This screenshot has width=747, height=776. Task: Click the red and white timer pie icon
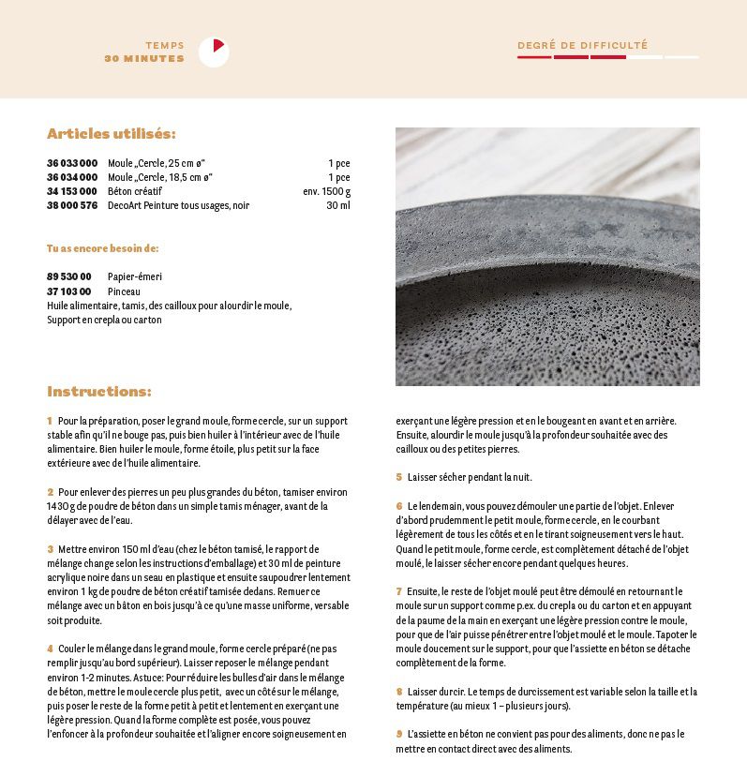pyautogui.click(x=214, y=52)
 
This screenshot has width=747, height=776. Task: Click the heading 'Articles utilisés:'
pyautogui.click(x=112, y=134)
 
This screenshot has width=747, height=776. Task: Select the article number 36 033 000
pyautogui.click(x=72, y=163)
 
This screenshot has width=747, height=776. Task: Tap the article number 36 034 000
pyautogui.click(x=72, y=177)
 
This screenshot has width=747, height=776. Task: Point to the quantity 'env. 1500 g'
pyautogui.click(x=326, y=191)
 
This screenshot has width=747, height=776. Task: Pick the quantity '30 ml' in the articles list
pyautogui.click(x=337, y=205)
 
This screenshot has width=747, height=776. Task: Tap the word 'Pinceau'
pyautogui.click(x=124, y=291)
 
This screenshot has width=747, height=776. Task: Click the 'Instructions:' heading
pyautogui.click(x=99, y=391)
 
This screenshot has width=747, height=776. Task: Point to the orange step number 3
pyautogui.click(x=50, y=549)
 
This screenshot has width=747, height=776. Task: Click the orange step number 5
pyautogui.click(x=398, y=477)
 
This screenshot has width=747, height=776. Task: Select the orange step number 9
pyautogui.click(x=398, y=734)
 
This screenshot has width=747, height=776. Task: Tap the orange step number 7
pyautogui.click(x=398, y=591)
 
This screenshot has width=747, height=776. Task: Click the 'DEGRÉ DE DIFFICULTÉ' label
pyautogui.click(x=582, y=45)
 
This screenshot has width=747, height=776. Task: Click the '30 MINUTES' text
pyautogui.click(x=144, y=59)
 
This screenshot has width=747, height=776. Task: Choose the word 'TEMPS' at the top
pyautogui.click(x=165, y=45)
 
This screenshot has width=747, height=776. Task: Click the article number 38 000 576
pyautogui.click(x=72, y=205)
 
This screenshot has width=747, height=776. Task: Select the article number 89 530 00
pyautogui.click(x=69, y=277)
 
